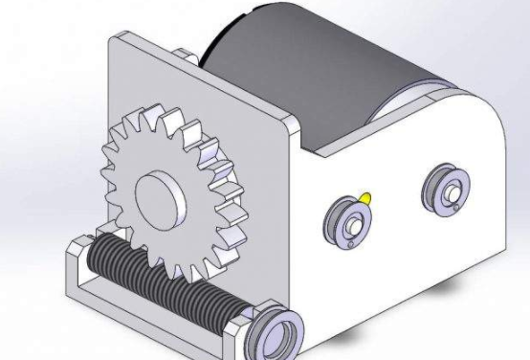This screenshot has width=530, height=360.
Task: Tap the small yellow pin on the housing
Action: tap(365, 198)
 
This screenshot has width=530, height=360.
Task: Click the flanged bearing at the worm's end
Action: tap(279, 328)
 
